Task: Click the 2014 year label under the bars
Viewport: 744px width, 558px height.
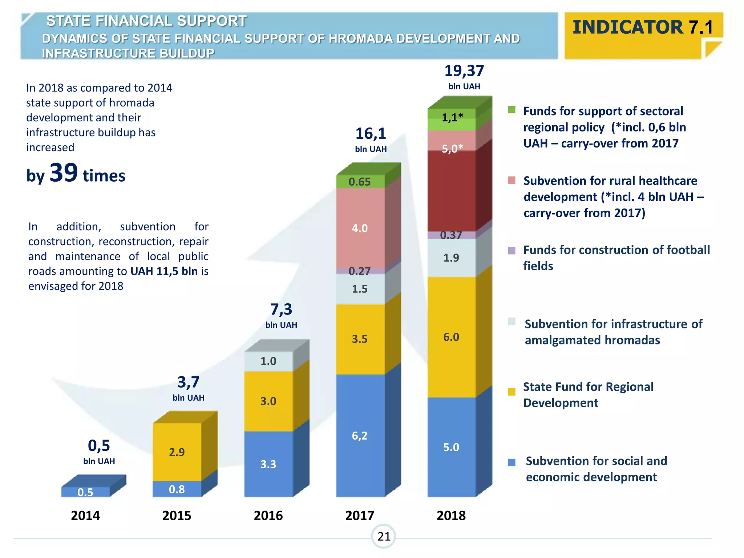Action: pyautogui.click(x=85, y=515)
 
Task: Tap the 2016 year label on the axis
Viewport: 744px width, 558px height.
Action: pyautogui.click(x=268, y=515)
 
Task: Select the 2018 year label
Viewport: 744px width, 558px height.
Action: pyautogui.click(x=451, y=515)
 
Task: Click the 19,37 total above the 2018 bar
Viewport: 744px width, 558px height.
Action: pyautogui.click(x=464, y=71)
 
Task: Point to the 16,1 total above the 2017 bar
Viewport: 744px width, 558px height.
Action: pyautogui.click(x=371, y=134)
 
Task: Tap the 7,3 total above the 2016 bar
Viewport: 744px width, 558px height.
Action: pyautogui.click(x=281, y=310)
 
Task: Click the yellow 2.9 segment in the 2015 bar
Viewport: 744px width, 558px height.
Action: pyautogui.click(x=177, y=452)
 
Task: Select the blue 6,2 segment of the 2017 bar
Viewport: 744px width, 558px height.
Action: pyautogui.click(x=360, y=436)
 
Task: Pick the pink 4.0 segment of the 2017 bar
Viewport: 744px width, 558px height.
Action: pyautogui.click(x=360, y=228)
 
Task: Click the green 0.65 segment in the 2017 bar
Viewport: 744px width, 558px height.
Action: pyautogui.click(x=360, y=182)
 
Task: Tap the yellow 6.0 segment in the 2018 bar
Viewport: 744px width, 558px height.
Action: pyautogui.click(x=451, y=337)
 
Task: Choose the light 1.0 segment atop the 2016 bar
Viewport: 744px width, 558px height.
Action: pyautogui.click(x=268, y=361)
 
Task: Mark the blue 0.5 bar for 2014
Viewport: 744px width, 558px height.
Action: pyautogui.click(x=85, y=492)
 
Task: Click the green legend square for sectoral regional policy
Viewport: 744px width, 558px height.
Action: pyautogui.click(x=511, y=110)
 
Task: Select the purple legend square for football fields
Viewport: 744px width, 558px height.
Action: pyautogui.click(x=511, y=251)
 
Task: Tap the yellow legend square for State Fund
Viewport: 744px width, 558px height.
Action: pyautogui.click(x=511, y=392)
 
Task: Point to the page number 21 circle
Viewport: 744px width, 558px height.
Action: pyautogui.click(x=384, y=536)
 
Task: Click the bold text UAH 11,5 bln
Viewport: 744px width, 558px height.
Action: pyautogui.click(x=164, y=271)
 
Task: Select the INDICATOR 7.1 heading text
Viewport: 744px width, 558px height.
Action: pyautogui.click(x=643, y=27)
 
